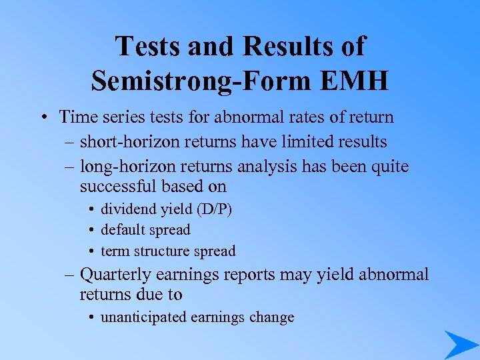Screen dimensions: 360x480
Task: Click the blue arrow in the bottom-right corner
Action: [x=461, y=344]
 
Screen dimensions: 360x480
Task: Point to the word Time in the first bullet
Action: [x=75, y=117]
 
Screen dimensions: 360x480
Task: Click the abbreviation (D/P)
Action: [x=215, y=209]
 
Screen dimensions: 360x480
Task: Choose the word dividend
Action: [x=127, y=209]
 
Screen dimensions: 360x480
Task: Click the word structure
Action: [x=159, y=251]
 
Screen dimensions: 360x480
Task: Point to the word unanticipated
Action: [x=143, y=317]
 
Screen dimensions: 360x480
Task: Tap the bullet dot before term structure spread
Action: [x=90, y=252]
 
